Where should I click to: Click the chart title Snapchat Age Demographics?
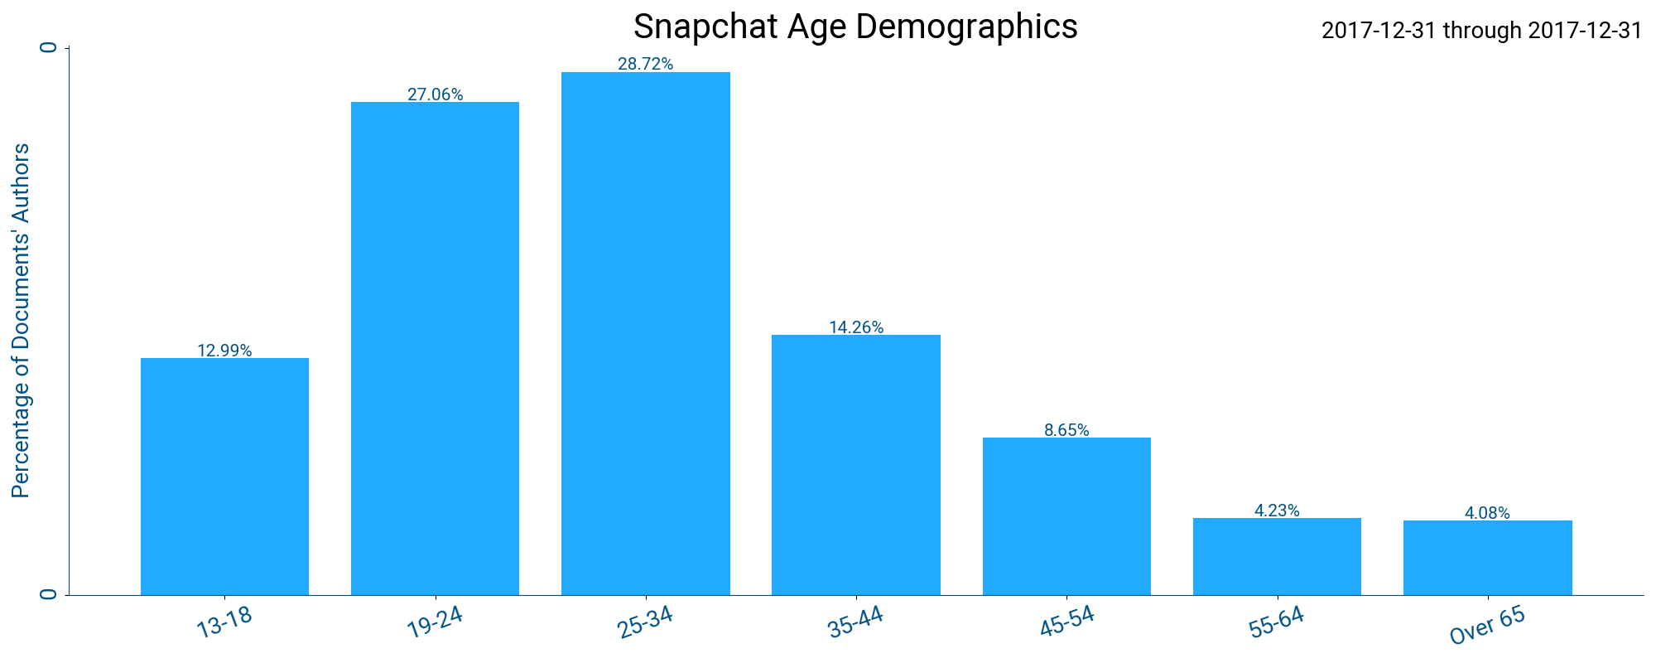854,27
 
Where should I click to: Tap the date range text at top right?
1481,31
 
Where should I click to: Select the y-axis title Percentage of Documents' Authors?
22,321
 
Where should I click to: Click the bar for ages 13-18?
224,477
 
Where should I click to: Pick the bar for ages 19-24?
435,348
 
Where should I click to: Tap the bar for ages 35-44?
856,465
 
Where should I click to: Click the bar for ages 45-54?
1066,516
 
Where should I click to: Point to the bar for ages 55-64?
1277,556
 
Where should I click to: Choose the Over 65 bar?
1487,558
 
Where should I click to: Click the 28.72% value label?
646,64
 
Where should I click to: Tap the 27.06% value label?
435,94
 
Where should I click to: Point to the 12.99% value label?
224,351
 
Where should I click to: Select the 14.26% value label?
856,327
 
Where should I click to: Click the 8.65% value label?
1066,430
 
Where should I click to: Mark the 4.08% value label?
1487,513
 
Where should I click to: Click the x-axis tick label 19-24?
434,622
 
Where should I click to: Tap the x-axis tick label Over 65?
1487,626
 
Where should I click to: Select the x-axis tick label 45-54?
1066,622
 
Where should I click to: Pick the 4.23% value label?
1277,511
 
